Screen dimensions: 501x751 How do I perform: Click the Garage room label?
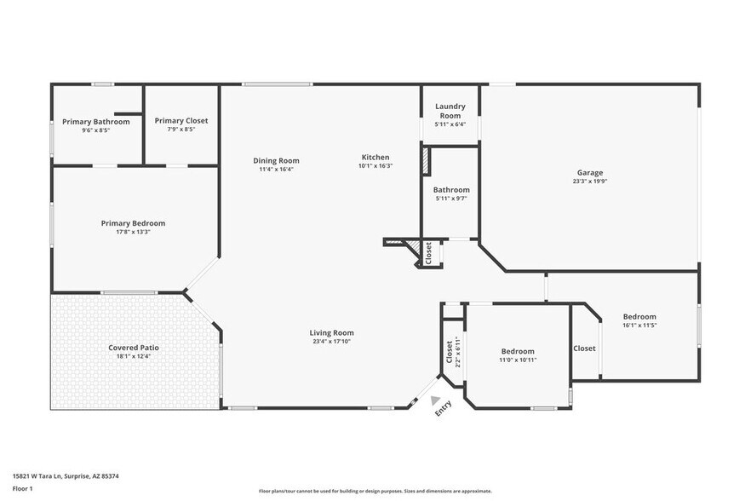pyautogui.click(x=589, y=172)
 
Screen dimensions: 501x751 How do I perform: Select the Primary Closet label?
pyautogui.click(x=181, y=121)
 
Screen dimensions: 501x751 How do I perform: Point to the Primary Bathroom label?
pyautogui.click(x=95, y=122)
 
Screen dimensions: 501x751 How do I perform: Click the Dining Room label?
pyautogui.click(x=276, y=160)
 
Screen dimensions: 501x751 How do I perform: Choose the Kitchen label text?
pyautogui.click(x=375, y=157)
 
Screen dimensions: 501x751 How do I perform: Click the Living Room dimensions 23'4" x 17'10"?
pyautogui.click(x=331, y=342)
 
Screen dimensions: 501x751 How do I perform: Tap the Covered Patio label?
pyautogui.click(x=133, y=348)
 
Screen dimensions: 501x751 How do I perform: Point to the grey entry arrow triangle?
pyautogui.click(x=436, y=400)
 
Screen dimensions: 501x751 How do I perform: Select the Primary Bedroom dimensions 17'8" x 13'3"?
pyautogui.click(x=133, y=232)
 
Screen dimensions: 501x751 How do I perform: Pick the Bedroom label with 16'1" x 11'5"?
pyautogui.click(x=639, y=316)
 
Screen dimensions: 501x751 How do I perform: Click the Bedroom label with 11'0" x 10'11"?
pyautogui.click(x=518, y=351)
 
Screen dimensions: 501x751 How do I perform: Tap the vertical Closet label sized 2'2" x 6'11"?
pyautogui.click(x=450, y=350)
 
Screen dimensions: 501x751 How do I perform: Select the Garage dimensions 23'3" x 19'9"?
pyautogui.click(x=589, y=181)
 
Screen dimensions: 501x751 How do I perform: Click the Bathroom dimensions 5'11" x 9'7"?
pyautogui.click(x=450, y=199)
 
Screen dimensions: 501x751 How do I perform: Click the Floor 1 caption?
pyautogui.click(x=22, y=488)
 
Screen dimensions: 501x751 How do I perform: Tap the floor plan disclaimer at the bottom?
pyautogui.click(x=375, y=491)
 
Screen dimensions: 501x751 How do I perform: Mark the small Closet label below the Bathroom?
pyautogui.click(x=428, y=252)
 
